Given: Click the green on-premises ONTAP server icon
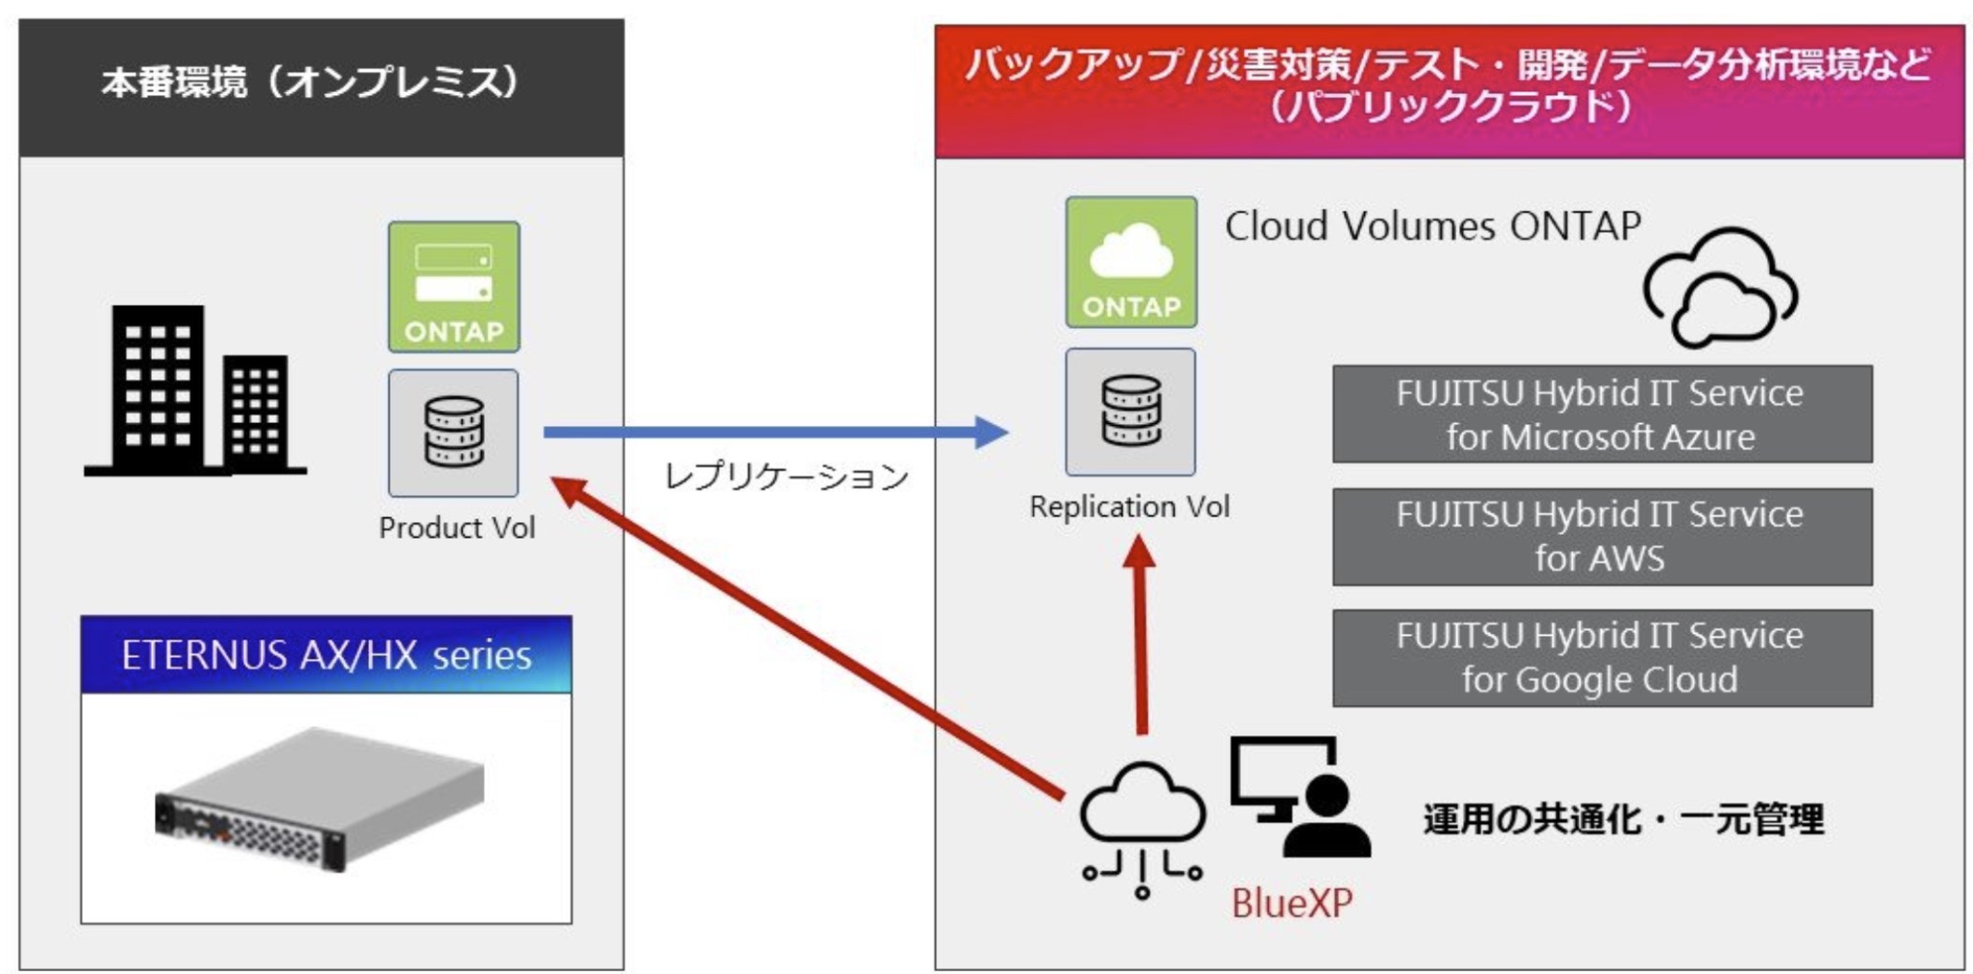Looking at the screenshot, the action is point(454,287).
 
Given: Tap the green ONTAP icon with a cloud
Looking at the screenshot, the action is point(1131,262).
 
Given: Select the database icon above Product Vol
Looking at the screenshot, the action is point(454,432).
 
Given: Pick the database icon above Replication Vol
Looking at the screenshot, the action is point(1130,412).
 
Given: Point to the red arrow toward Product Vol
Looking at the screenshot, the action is point(807,638).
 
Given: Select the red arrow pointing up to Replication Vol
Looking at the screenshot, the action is point(1140,634).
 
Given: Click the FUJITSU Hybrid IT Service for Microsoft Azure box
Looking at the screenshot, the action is point(1602,414).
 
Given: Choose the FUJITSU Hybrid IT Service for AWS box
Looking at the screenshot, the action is point(1602,537).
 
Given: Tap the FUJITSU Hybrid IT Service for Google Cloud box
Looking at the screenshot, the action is point(1602,658).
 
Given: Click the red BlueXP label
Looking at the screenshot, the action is point(1291,902).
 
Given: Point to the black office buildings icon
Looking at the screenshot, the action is point(195,391).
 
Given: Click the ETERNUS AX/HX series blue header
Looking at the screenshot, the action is point(326,654).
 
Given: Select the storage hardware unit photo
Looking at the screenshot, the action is point(320,800).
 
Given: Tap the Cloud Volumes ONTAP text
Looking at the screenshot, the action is point(1433,226).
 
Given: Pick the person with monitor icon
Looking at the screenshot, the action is point(1300,797).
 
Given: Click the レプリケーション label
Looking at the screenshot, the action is point(786,476).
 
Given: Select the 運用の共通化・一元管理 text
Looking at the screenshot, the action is point(1623,819).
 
